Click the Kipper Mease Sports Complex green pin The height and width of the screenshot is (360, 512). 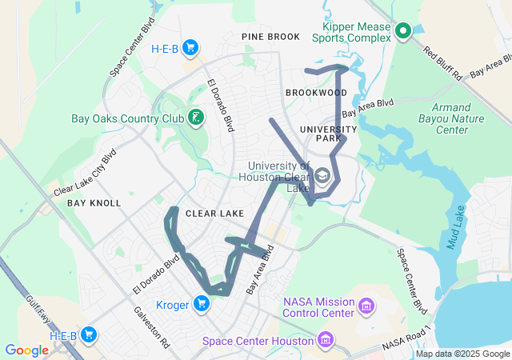[403, 31]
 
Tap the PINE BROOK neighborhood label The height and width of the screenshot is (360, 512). [271, 37]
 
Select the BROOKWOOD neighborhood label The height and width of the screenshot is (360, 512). [316, 93]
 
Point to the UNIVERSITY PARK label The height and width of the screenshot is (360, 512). [328, 134]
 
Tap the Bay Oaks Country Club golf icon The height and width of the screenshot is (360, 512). [194, 119]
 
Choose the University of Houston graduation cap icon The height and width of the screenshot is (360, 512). [323, 175]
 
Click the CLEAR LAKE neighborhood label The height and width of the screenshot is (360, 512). [214, 214]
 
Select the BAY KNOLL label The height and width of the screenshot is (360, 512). [94, 203]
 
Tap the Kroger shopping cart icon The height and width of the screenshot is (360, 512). [201, 304]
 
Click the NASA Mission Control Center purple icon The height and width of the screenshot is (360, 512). [366, 306]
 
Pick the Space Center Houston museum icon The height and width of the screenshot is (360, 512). [325, 342]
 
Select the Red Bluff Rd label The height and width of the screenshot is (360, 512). [443, 65]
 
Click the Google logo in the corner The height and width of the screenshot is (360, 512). [26, 350]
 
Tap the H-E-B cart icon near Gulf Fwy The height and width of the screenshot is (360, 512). [89, 335]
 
